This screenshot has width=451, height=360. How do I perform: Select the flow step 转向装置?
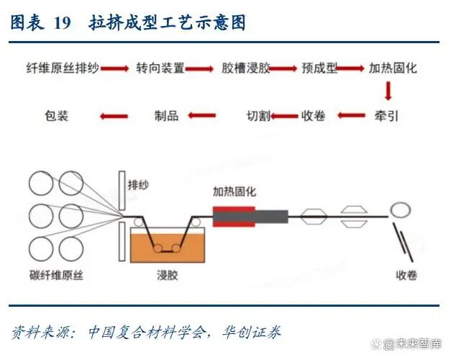point(160,69)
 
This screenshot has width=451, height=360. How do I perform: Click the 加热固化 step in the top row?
point(393,69)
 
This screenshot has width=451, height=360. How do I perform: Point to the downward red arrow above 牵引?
point(388,91)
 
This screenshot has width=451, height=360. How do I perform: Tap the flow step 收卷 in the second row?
point(315,115)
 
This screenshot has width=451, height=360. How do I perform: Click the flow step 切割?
point(259,115)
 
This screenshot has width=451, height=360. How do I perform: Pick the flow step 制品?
point(167,115)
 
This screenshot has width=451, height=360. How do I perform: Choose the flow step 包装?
point(56,115)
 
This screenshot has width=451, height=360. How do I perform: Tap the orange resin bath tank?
point(168,246)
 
